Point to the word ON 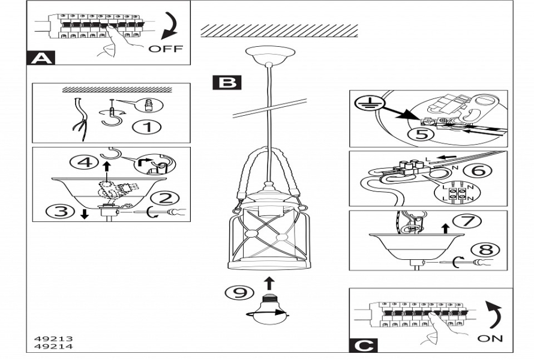click(490, 338)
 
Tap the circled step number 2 click(163, 198)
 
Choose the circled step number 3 click(61, 211)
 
